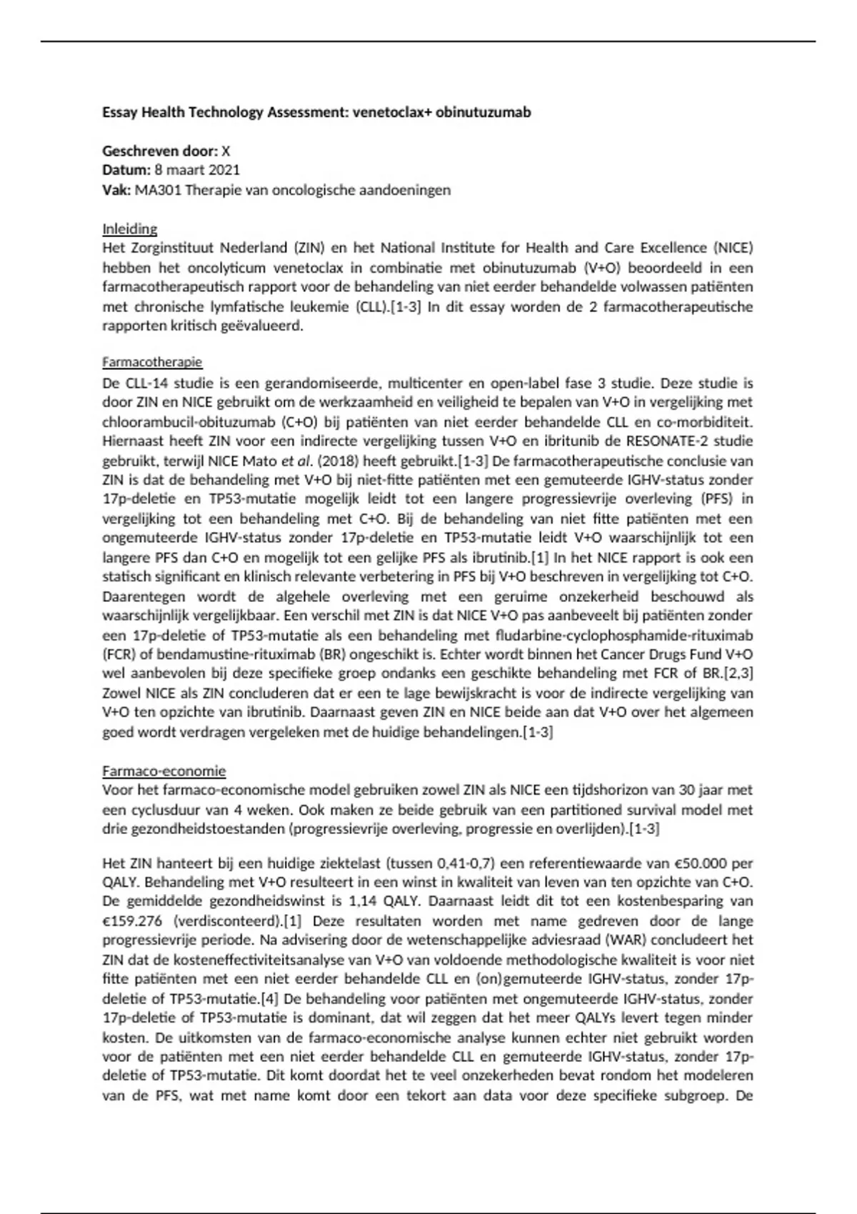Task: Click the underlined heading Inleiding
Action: [x=129, y=229]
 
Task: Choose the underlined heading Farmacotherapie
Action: [x=152, y=362]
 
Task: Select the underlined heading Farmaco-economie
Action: [x=164, y=771]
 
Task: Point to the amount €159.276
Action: [x=134, y=921]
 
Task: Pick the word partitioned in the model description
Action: [x=524, y=810]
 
